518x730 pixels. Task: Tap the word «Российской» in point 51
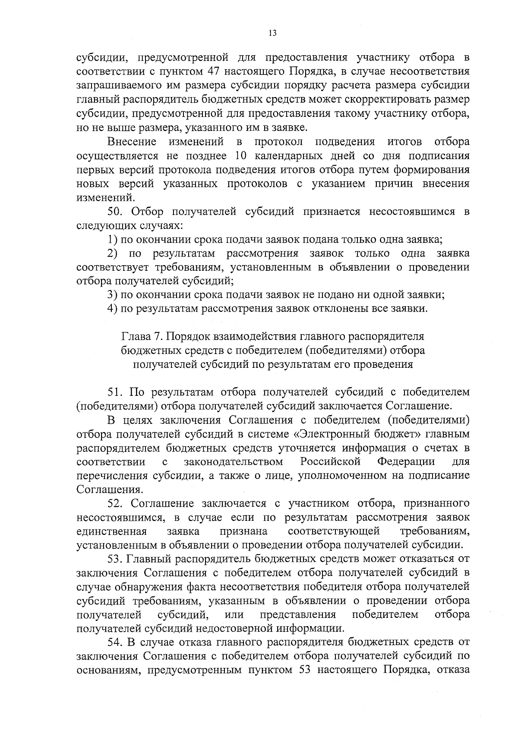(330, 462)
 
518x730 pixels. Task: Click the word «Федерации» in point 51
(406, 462)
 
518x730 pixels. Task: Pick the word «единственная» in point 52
(111, 531)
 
